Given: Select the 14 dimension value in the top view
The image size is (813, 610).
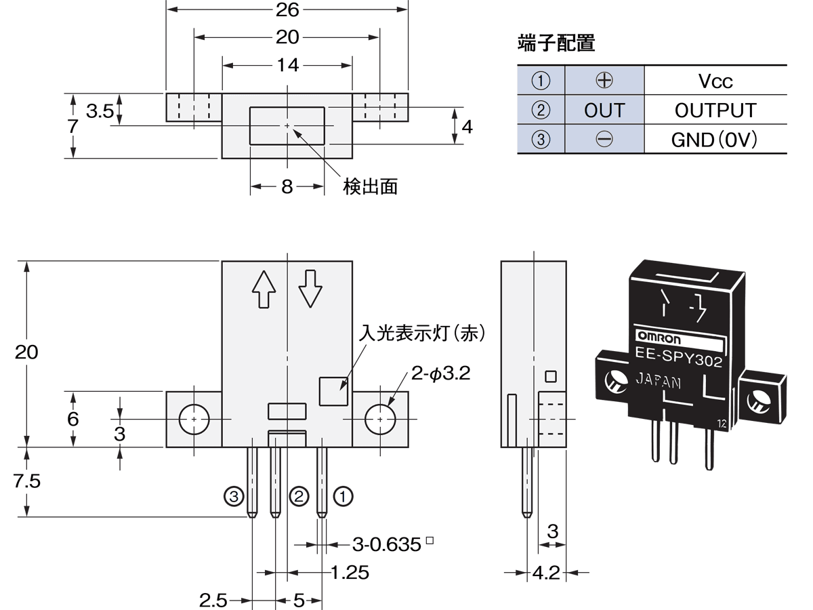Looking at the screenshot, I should pyautogui.click(x=288, y=65).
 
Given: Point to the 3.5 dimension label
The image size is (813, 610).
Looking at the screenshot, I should pyautogui.click(x=100, y=110).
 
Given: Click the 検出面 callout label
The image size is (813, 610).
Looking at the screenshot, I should pyautogui.click(x=370, y=186).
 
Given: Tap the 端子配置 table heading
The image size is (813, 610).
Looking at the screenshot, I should pyautogui.click(x=556, y=43).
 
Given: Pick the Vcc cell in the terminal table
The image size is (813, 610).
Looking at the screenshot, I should pyautogui.click(x=715, y=81).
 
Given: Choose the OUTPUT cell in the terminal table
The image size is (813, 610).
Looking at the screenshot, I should pyautogui.click(x=715, y=110).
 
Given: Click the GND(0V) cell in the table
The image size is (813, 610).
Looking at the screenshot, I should pyautogui.click(x=715, y=140).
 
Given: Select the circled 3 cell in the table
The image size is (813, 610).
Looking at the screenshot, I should pyautogui.click(x=540, y=140).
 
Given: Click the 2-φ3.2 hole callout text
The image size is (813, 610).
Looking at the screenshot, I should pyautogui.click(x=440, y=373).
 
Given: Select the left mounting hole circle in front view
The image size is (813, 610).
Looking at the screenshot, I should pyautogui.click(x=194, y=420).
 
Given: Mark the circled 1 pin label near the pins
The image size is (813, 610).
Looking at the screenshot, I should pyautogui.click(x=344, y=497).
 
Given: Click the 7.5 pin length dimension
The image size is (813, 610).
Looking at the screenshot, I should pyautogui.click(x=27, y=481).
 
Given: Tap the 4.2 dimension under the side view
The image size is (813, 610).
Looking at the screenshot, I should pyautogui.click(x=546, y=573).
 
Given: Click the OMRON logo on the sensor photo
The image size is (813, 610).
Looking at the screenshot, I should pyautogui.click(x=655, y=338).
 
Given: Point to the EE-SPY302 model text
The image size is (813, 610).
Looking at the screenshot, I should pyautogui.click(x=677, y=357).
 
